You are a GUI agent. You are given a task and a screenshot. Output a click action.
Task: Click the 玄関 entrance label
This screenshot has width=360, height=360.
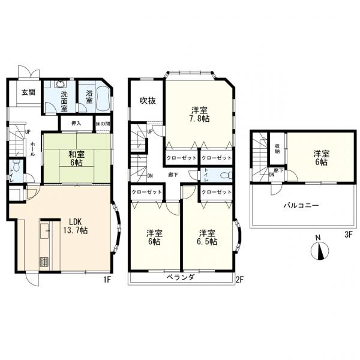28,92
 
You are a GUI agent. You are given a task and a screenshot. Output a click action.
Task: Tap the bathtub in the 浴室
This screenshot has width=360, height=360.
103,99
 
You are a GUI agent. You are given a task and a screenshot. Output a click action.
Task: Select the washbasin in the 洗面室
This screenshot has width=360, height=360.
60,84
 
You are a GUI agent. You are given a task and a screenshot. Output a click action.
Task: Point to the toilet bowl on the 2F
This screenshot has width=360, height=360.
226,175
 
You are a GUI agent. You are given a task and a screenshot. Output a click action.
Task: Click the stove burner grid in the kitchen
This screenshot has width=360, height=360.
44,262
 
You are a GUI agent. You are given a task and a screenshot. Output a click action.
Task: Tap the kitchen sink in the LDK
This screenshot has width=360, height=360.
44,230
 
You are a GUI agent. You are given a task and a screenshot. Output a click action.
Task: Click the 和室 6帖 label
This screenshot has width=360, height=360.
76,158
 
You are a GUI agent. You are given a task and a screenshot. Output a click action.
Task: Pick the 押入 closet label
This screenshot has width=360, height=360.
76,123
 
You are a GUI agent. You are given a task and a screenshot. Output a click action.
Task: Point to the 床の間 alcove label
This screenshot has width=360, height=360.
103,124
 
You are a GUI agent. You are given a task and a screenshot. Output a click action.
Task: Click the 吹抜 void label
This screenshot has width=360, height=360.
148,101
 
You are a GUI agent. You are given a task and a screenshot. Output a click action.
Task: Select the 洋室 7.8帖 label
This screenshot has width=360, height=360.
200,115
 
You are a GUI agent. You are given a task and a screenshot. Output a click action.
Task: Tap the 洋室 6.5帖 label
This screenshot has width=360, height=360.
208,238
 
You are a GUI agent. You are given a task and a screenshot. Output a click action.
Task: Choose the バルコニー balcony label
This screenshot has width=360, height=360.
301,205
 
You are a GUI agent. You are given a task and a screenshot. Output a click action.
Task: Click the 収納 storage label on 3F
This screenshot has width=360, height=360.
277,148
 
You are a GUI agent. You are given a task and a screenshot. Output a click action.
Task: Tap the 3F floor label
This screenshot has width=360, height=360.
348,235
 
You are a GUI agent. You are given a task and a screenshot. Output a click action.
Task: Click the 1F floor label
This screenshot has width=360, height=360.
107,279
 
